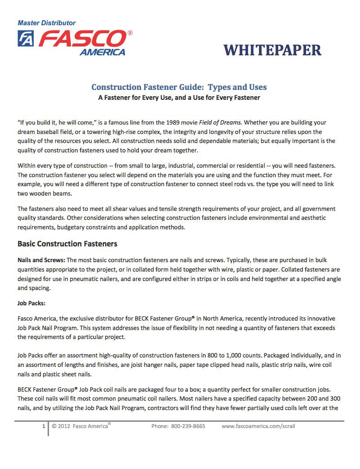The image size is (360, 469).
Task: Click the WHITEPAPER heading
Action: tap(272, 50)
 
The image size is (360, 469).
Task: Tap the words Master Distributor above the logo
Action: tap(47, 22)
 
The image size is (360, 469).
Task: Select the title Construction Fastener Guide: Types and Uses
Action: tap(179, 87)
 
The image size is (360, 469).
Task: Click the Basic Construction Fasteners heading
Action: tap(67, 244)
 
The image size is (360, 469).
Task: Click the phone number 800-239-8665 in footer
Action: tap(188, 426)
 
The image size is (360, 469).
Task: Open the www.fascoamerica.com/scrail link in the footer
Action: tap(258, 426)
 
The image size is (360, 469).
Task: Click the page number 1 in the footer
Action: tap(44, 426)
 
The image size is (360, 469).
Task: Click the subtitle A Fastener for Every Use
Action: tap(179, 98)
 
